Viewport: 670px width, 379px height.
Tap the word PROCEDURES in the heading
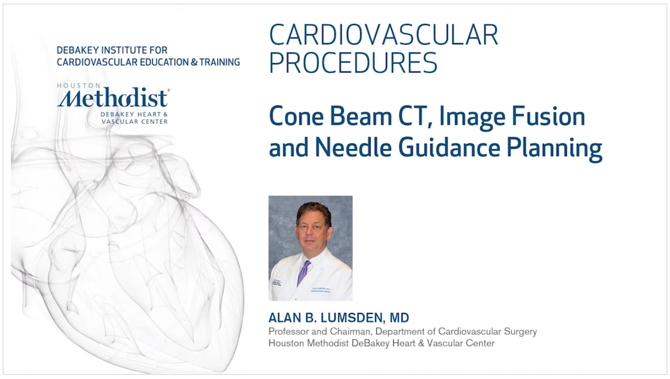pyautogui.click(x=353, y=62)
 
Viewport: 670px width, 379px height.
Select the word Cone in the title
pyautogui.click(x=297, y=116)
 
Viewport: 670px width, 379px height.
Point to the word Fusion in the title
pyautogui.click(x=548, y=116)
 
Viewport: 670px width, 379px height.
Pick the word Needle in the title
pyautogui.click(x=353, y=147)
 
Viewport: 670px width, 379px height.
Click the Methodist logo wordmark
pyautogui.click(x=113, y=98)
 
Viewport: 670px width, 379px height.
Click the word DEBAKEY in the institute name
pyautogui.click(x=73, y=49)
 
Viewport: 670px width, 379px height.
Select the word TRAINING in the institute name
pyautogui.click(x=220, y=62)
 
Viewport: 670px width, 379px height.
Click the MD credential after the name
pyautogui.click(x=399, y=318)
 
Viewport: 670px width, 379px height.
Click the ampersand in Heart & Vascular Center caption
pyautogui.click(x=421, y=343)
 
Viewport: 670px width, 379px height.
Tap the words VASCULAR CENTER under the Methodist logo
pyautogui.click(x=135, y=122)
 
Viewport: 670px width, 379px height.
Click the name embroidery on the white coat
pyautogui.click(x=321, y=290)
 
